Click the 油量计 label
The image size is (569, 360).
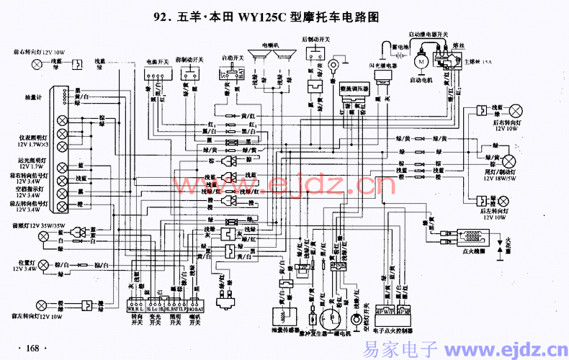click(34, 96)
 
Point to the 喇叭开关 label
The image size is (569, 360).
click(194, 320)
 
